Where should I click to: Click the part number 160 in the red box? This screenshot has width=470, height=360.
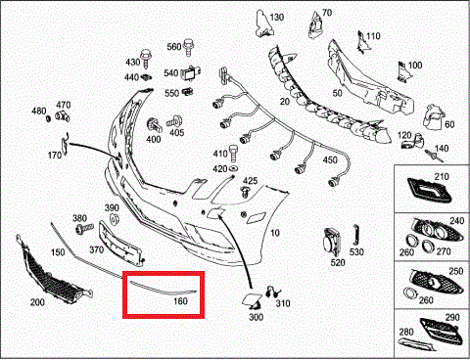pos(180,300)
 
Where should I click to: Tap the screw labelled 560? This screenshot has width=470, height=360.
pos(188,48)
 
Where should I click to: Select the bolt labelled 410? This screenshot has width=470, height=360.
pos(234,154)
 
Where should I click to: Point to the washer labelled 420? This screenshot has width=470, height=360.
pos(233,168)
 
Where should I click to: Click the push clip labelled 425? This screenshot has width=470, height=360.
pos(245,192)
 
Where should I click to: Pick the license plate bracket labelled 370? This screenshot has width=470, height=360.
pos(119,242)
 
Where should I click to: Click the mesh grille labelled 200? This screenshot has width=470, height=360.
pos(52,271)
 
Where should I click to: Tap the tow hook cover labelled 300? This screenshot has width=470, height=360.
pos(252,300)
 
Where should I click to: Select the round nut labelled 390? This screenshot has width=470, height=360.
pos(114,219)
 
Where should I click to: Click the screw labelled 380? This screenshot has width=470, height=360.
pos(84,228)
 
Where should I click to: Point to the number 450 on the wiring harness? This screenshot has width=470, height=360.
pos(330,160)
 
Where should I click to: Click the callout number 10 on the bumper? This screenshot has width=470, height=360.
pos(275,233)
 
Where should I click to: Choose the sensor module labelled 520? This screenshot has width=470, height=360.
pos(332,243)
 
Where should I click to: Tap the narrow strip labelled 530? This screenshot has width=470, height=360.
pos(355,235)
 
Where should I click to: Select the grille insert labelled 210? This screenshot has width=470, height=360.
pos(429,191)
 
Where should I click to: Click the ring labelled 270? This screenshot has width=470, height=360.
pos(427,246)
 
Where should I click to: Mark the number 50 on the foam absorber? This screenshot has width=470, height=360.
pos(337,93)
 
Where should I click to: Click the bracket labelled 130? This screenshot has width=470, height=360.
pos(263,22)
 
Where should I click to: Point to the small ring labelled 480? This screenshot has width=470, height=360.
pos(48,118)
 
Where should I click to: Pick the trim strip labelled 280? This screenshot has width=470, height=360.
pos(417,344)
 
